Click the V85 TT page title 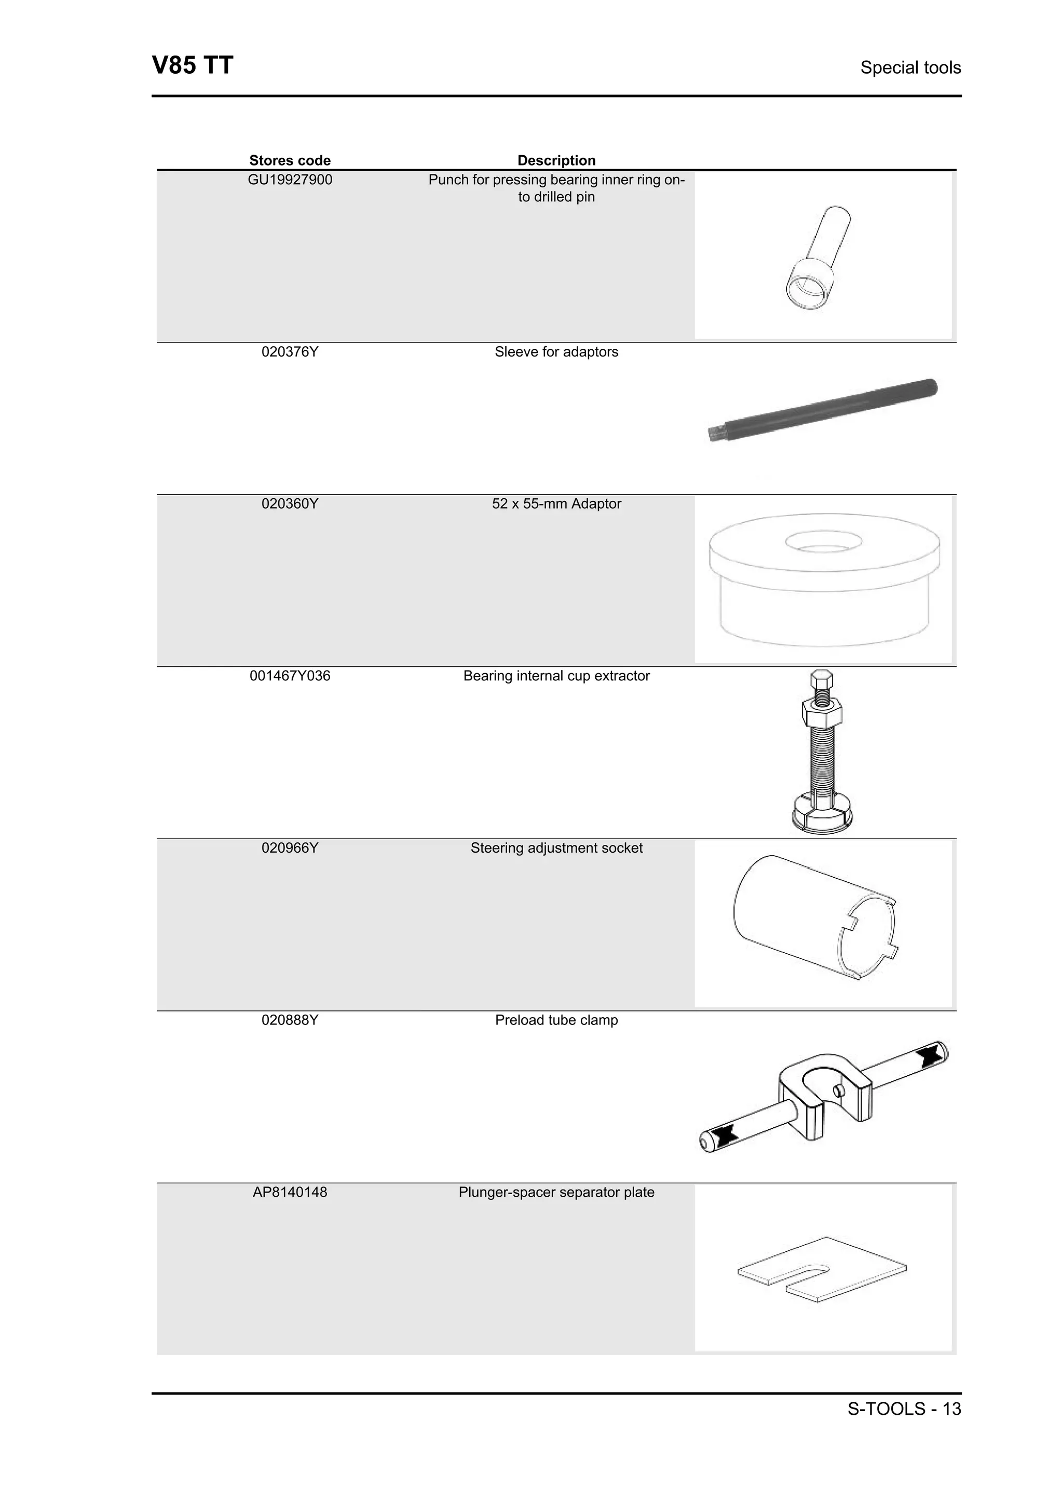(x=193, y=66)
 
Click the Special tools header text (x=910, y=67)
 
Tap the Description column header (x=556, y=160)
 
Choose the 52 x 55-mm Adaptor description (x=556, y=503)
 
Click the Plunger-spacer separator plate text (x=556, y=1192)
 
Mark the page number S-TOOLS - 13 (x=904, y=1409)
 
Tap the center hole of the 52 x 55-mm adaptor (x=823, y=542)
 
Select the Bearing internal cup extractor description (x=556, y=676)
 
